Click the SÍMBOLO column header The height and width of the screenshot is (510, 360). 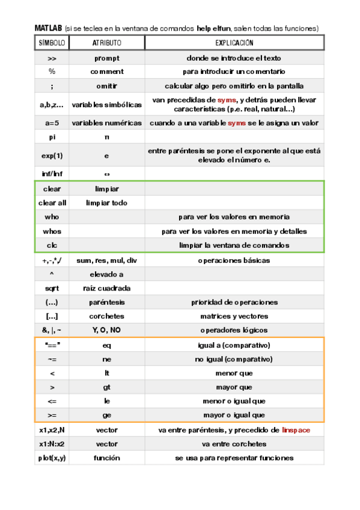[x=52, y=43]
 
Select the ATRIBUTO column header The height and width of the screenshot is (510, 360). [x=106, y=43]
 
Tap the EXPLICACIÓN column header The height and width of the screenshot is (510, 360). [x=234, y=43]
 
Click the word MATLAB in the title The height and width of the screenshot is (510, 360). [x=48, y=28]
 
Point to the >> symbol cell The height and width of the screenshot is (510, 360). [x=52, y=58]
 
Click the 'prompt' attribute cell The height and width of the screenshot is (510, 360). [x=106, y=58]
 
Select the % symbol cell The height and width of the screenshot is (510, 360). [x=52, y=72]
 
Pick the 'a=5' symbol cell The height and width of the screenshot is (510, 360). [x=52, y=123]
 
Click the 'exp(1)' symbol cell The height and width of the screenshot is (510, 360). [x=52, y=155]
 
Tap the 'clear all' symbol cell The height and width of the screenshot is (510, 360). [x=52, y=203]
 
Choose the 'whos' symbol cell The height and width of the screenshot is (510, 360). [x=52, y=231]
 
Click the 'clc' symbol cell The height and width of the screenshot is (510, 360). [x=52, y=245]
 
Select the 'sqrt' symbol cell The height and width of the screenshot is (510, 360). [x=52, y=288]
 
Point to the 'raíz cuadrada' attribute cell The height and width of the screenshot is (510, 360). [x=106, y=288]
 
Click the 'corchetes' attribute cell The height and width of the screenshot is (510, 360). [x=106, y=316]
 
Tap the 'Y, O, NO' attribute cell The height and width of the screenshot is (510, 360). [x=106, y=330]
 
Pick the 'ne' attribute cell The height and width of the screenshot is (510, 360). [x=106, y=359]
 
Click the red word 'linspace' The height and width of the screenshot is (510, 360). [x=296, y=430]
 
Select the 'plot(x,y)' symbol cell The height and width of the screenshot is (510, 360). [x=52, y=458]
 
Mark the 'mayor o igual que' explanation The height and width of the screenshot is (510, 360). [x=234, y=415]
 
